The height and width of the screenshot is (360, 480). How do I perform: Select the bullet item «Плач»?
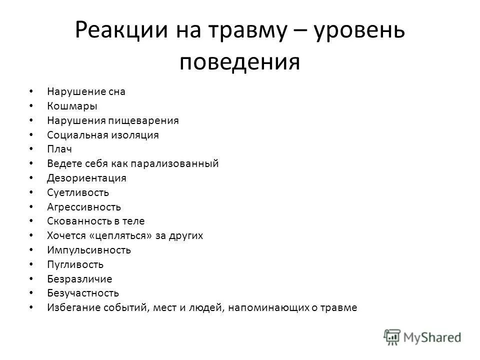tap(60, 149)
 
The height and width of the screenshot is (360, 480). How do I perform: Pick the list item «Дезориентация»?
tap(86, 178)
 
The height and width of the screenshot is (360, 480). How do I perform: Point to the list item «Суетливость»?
tap(78, 192)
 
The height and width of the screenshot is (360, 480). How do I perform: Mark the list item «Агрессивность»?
tap(84, 207)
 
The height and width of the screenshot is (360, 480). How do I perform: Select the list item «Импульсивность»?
tap(89, 250)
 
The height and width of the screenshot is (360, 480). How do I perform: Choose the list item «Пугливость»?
tap(75, 264)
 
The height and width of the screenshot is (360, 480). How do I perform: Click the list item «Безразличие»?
tap(79, 279)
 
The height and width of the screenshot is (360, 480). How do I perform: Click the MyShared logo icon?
tap(392, 337)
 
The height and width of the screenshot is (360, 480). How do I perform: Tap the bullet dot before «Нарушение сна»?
tap(32, 91)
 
